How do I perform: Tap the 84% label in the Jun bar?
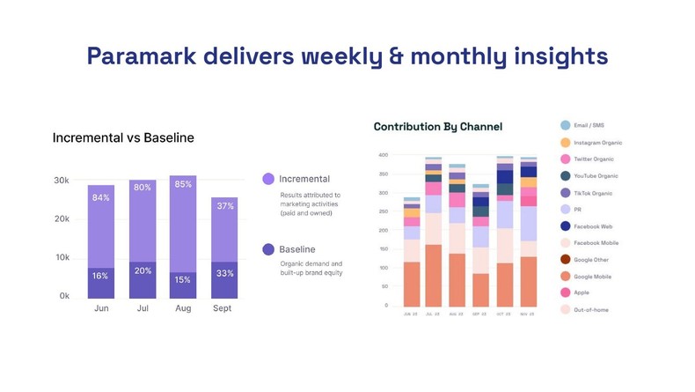tap(100, 198)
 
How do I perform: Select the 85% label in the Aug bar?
tap(183, 185)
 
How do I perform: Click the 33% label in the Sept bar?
tap(224, 273)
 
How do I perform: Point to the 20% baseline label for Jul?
tap(143, 270)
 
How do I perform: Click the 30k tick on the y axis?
tap(62, 181)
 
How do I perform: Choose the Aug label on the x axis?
tap(183, 309)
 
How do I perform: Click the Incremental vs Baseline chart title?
tap(123, 138)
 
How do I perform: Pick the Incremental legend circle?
tap(268, 179)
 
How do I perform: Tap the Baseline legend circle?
tap(268, 249)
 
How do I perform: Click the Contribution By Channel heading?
tap(438, 127)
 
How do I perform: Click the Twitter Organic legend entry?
tap(596, 159)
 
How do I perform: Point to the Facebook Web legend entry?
tap(594, 226)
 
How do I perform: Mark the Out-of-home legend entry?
tap(590, 310)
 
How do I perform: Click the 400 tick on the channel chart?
tap(383, 155)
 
